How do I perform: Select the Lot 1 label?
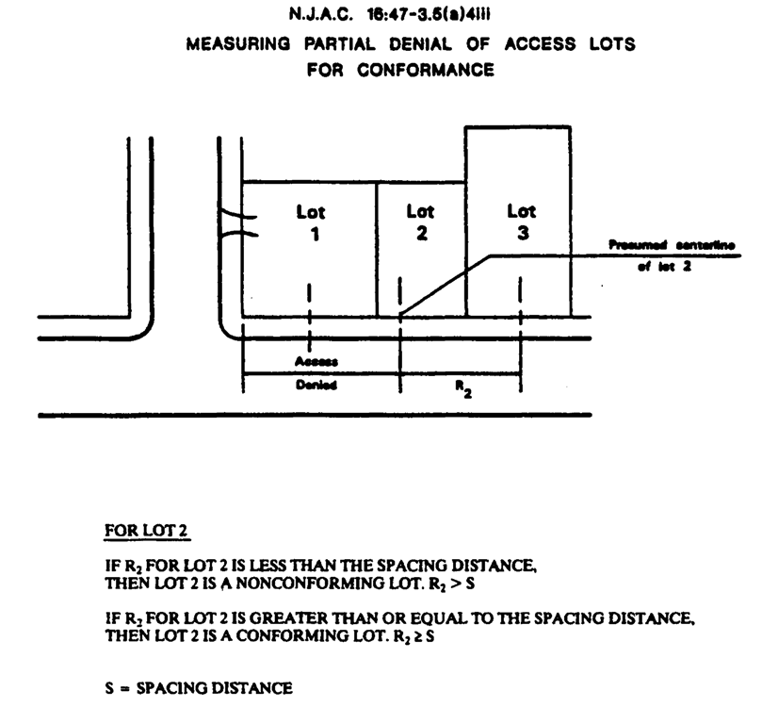[309, 223]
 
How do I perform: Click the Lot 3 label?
[520, 223]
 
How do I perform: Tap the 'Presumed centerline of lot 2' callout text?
[686, 255]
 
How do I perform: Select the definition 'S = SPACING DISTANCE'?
[199, 688]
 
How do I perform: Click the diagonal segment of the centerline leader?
[443, 285]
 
